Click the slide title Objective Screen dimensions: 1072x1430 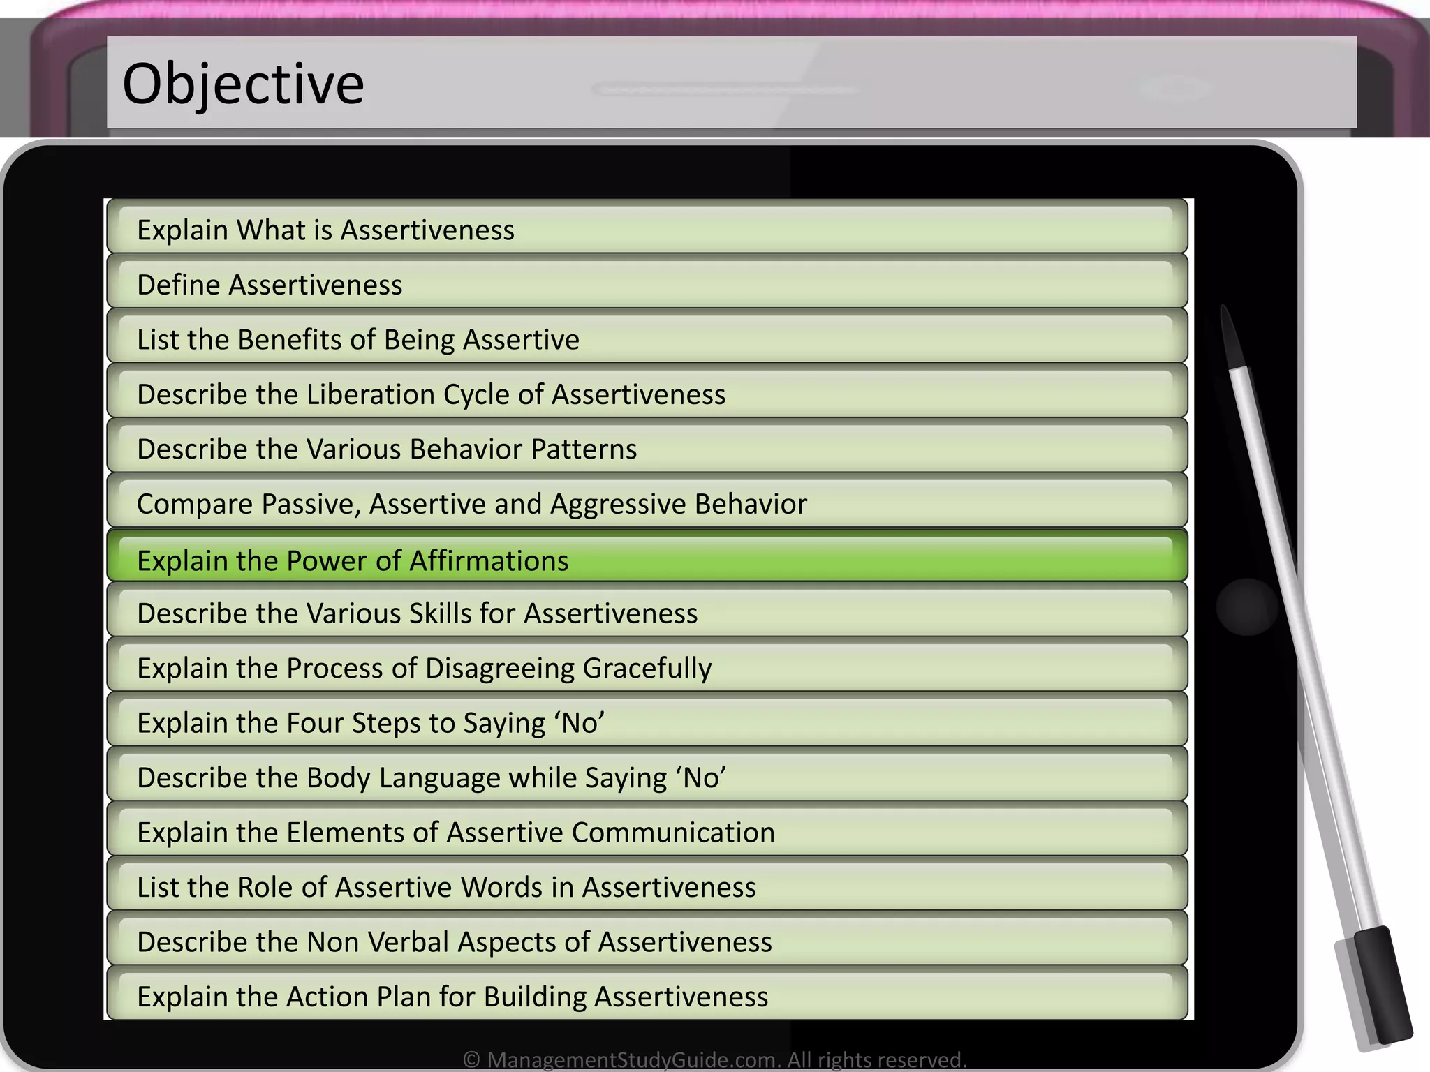[x=243, y=84]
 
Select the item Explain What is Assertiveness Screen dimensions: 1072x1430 [x=325, y=230]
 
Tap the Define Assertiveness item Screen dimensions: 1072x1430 [x=270, y=285]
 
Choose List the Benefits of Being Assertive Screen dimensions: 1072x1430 [x=357, y=340]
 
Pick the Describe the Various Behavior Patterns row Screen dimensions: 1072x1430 [x=387, y=449]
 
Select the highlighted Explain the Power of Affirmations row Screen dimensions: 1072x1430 [x=353, y=560]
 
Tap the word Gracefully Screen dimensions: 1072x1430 [x=647, y=669]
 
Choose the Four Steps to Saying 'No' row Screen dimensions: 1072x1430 [x=370, y=723]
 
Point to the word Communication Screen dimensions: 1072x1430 [x=673, y=833]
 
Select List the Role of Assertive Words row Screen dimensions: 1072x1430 [x=445, y=887]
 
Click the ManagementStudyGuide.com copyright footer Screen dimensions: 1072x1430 [x=714, y=1059]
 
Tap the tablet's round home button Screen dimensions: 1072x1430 [x=1247, y=606]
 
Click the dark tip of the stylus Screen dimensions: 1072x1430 [x=1230, y=335]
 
